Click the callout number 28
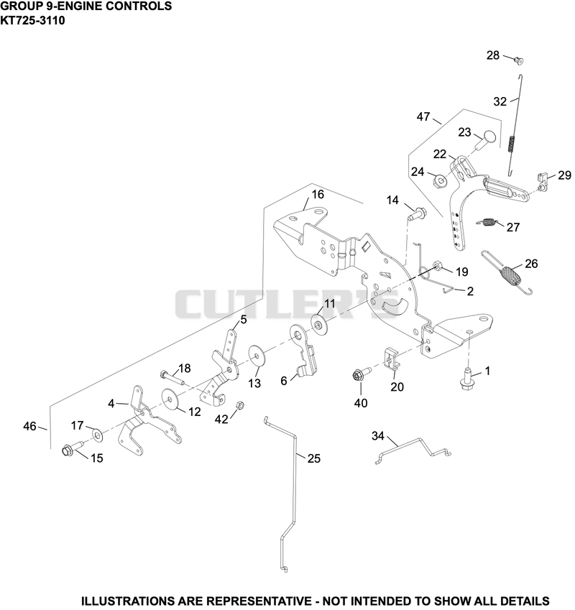[x=493, y=55]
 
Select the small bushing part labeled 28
[x=519, y=60]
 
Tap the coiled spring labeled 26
[x=506, y=272]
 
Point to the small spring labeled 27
[x=486, y=223]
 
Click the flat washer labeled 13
[x=257, y=354]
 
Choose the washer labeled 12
[x=170, y=399]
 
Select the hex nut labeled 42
[x=240, y=405]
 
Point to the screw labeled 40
[x=362, y=374]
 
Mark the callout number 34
[x=378, y=436]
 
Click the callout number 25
[x=314, y=458]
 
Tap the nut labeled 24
[x=440, y=180]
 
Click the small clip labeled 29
[x=543, y=182]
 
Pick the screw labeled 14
[x=417, y=213]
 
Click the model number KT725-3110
[x=32, y=20]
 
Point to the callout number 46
[x=29, y=426]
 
